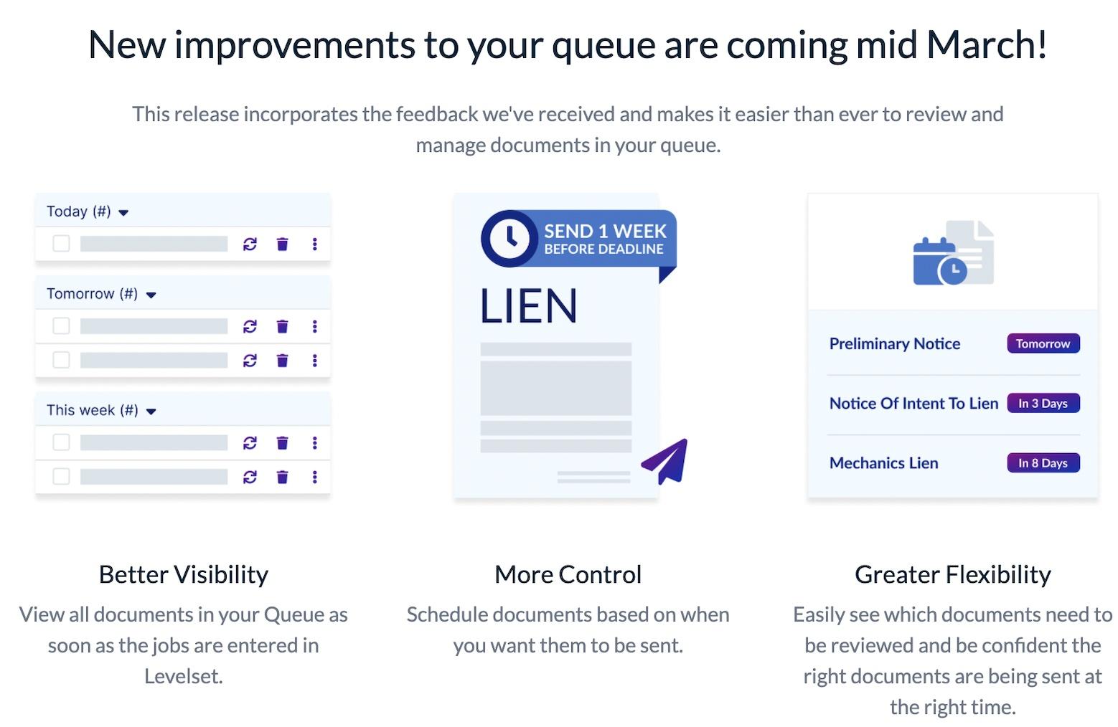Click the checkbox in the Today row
(x=62, y=244)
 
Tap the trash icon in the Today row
(x=282, y=244)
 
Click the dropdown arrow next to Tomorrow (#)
(x=151, y=295)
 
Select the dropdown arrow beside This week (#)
(x=151, y=412)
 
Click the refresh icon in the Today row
(x=250, y=244)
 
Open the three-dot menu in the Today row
(x=314, y=244)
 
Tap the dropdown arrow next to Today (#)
(x=123, y=213)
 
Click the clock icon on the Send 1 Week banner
(x=509, y=239)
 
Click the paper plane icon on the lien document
(x=666, y=461)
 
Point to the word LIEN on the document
(x=528, y=306)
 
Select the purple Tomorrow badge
(x=1043, y=343)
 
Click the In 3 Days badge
(x=1043, y=403)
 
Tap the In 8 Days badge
(x=1043, y=463)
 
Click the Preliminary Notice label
(x=894, y=344)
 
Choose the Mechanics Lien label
(x=883, y=463)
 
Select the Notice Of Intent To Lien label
(x=913, y=404)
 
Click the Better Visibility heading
(x=184, y=574)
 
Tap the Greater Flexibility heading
(x=952, y=574)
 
